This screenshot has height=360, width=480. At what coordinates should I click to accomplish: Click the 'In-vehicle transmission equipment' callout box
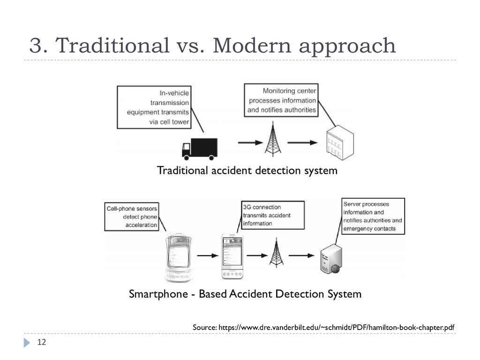coord(154,107)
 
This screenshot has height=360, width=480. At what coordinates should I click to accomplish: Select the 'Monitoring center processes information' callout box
coord(281,100)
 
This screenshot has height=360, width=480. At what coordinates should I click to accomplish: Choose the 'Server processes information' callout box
coord(373,216)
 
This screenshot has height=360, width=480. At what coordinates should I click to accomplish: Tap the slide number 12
coord(42,343)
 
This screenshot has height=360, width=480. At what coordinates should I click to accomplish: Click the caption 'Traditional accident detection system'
coord(247,171)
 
